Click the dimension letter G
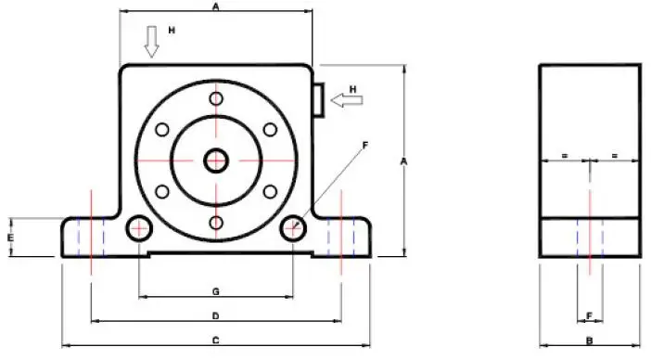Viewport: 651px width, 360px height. coord(215,292)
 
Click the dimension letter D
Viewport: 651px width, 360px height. coord(215,316)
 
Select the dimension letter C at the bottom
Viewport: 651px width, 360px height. coord(215,341)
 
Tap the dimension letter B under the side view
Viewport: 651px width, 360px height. coord(589,341)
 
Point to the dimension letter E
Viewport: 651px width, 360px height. coord(11,238)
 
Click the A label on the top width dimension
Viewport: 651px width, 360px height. coord(215,6)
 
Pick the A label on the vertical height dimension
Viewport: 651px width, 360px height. coord(403,161)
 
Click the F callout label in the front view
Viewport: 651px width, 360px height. coord(365,146)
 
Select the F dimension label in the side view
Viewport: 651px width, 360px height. coord(589,316)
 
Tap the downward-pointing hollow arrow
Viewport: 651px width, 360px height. coord(151,42)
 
